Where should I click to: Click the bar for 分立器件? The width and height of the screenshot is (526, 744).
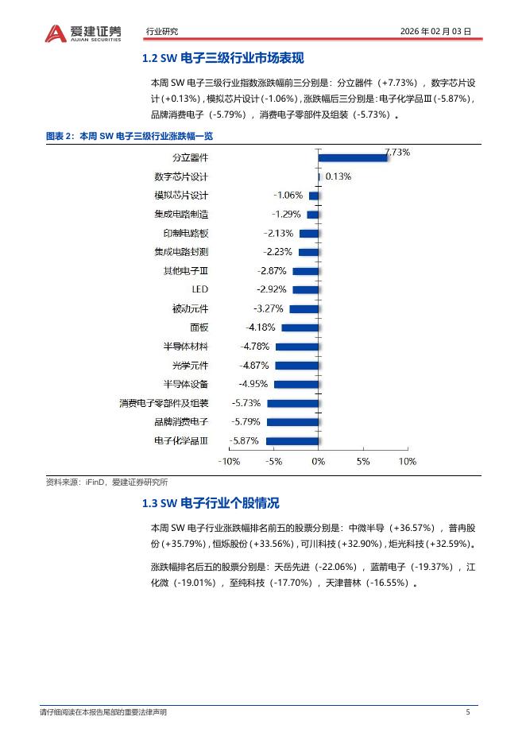pyautogui.click(x=353, y=157)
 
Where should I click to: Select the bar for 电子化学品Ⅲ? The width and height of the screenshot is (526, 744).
pyautogui.click(x=292, y=441)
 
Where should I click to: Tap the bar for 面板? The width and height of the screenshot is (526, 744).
pyautogui.click(x=300, y=327)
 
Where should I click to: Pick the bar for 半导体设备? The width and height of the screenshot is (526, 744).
pyautogui.click(x=296, y=385)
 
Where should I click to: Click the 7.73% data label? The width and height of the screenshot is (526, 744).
pyautogui.click(x=397, y=151)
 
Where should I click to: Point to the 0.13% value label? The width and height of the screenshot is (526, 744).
pyautogui.click(x=338, y=176)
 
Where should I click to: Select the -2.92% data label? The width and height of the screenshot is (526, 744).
pyautogui.click(x=271, y=289)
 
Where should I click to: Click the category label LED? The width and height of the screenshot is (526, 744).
pyautogui.click(x=200, y=289)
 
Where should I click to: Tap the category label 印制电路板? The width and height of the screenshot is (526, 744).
pyautogui.click(x=185, y=233)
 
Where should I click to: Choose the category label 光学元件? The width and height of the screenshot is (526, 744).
pyautogui.click(x=190, y=366)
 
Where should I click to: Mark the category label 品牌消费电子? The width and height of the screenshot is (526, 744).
pyautogui.click(x=181, y=422)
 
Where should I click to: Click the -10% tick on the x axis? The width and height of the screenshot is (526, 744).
pyautogui.click(x=229, y=461)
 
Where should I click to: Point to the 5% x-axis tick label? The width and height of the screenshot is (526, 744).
pyautogui.click(x=363, y=461)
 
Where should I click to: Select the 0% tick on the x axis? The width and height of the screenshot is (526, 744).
pyautogui.click(x=318, y=461)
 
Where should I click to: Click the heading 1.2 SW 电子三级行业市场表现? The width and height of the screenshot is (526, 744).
pyautogui.click(x=222, y=59)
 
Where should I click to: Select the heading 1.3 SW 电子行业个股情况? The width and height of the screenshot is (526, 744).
pyautogui.click(x=210, y=504)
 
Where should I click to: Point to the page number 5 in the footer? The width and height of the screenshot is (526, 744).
pyautogui.click(x=468, y=712)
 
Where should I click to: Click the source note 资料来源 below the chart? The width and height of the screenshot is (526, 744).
pyautogui.click(x=106, y=482)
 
